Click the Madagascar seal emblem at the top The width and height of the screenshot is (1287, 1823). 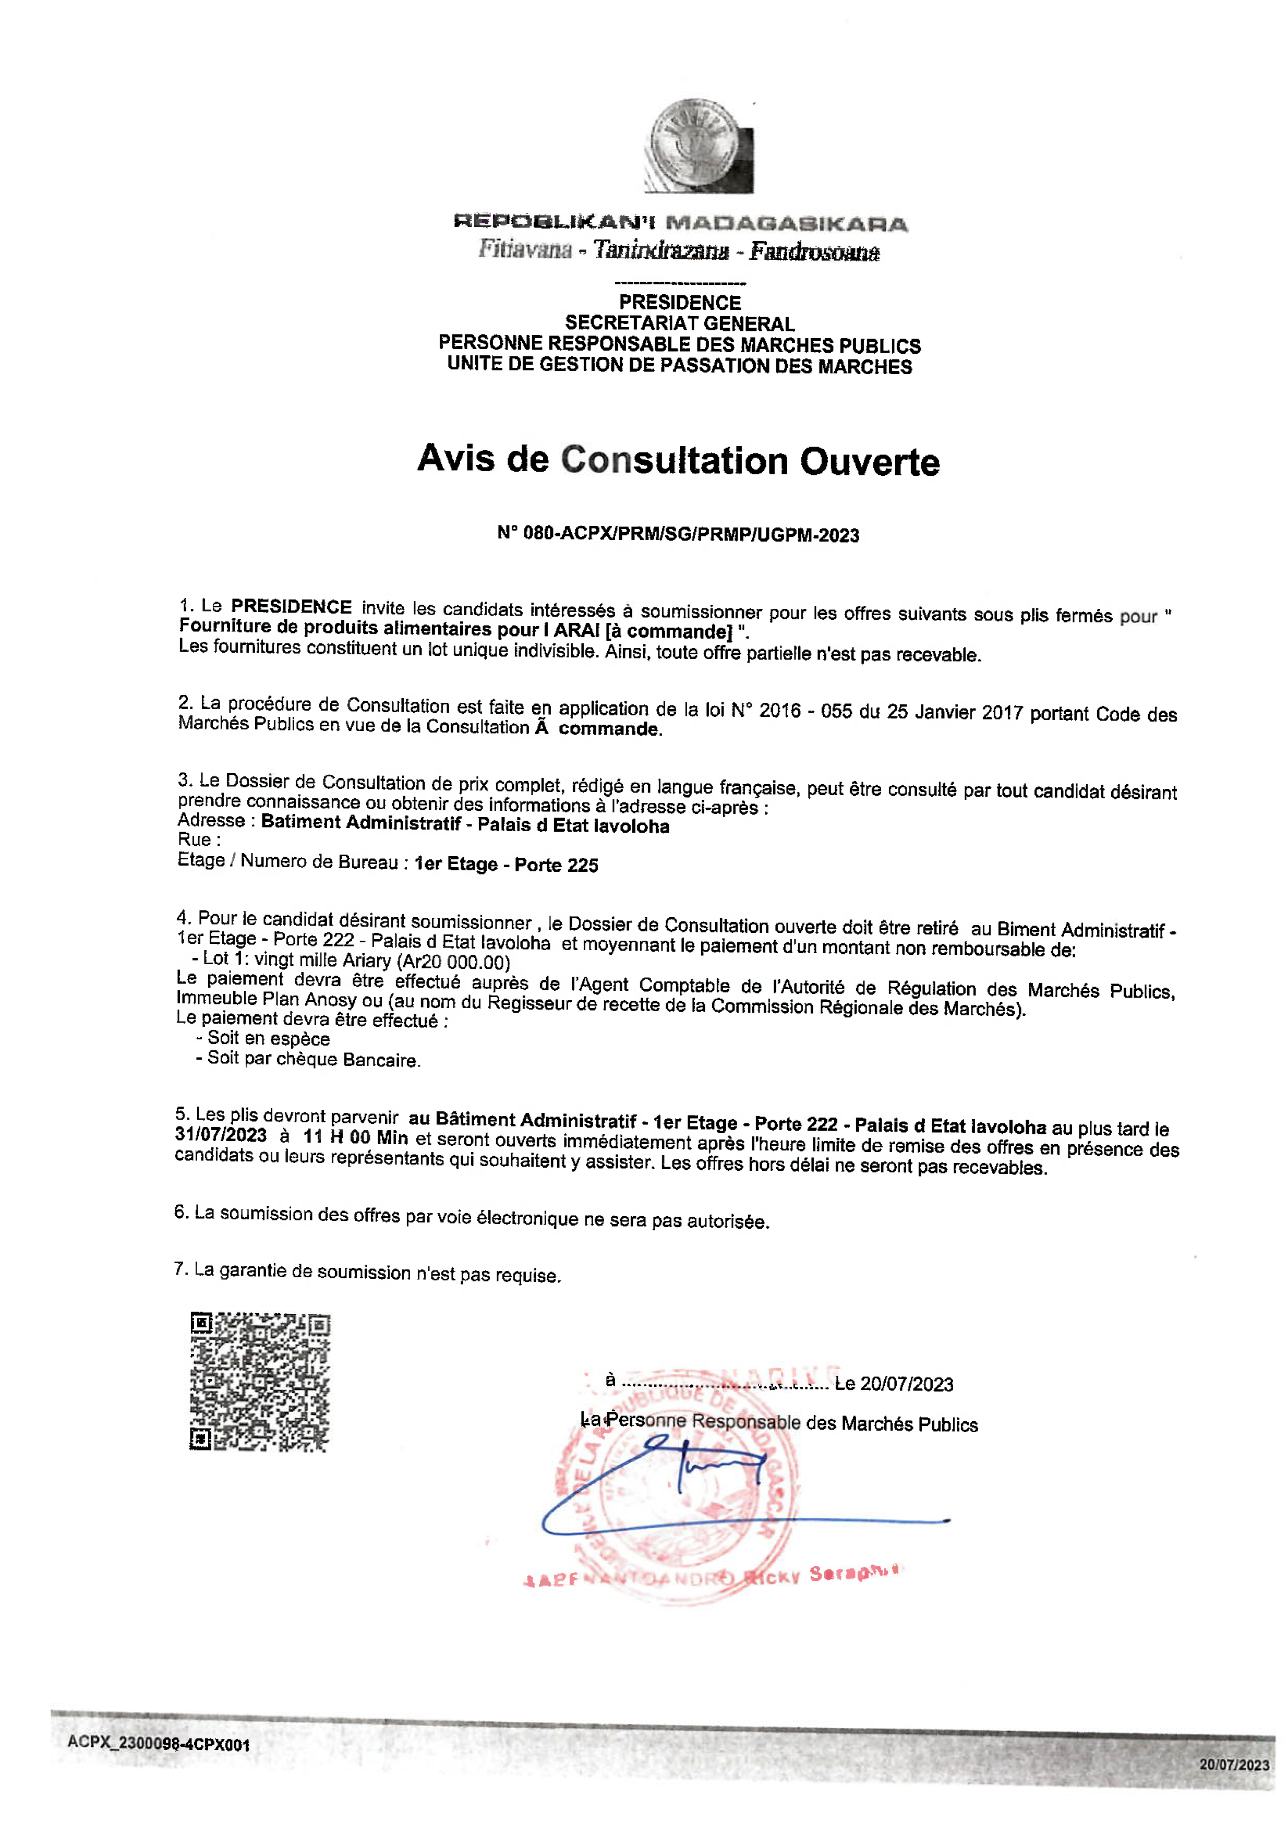[697, 145]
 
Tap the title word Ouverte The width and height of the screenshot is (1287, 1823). [869, 462]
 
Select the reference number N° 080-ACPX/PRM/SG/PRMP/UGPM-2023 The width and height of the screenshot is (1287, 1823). [678, 534]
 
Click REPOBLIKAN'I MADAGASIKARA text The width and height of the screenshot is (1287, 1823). [680, 223]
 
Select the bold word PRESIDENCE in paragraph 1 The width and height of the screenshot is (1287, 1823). [292, 607]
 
